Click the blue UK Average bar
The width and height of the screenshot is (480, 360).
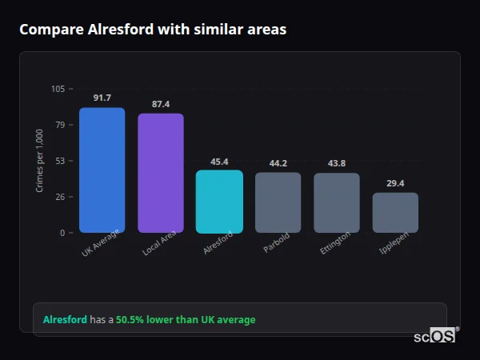coord(102,170)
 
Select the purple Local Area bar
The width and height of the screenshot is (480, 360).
coord(161,174)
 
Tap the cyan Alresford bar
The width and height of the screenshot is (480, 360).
coord(219,202)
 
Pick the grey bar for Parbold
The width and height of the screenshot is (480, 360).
coord(278,203)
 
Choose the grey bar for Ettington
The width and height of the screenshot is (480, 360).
coord(337,203)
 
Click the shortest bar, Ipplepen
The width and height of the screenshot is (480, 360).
coord(395,213)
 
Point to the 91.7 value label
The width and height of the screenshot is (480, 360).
coord(102,98)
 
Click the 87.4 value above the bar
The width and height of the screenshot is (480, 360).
coord(161,104)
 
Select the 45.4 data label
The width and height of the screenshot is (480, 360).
coord(219,161)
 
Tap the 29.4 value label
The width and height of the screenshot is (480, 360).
coord(395,183)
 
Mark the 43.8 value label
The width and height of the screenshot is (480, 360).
coord(337,163)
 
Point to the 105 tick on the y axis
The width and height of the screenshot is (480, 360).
coord(58,89)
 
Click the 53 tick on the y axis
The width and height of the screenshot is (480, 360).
coord(60,161)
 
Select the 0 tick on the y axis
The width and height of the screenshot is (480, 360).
coord(62,233)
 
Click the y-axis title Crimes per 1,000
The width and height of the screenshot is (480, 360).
coord(40,161)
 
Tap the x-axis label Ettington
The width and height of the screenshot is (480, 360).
coord(334,243)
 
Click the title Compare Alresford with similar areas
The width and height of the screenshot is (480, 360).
coord(153,30)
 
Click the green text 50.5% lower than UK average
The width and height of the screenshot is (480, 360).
coord(186,320)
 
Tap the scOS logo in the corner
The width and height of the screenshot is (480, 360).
coord(435,336)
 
